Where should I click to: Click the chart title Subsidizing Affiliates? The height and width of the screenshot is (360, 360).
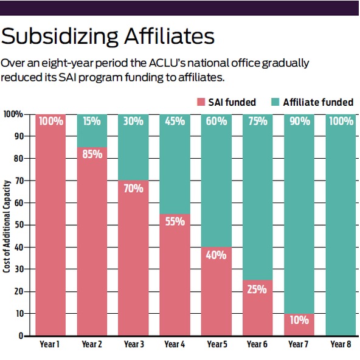pos(108,36)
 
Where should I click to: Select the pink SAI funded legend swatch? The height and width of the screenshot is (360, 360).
pos(201,102)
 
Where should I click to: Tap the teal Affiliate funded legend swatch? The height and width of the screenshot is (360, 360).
pos(275,102)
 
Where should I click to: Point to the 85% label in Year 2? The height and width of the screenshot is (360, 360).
pos(92,154)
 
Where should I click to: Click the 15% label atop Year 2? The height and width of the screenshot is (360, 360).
pos(92,121)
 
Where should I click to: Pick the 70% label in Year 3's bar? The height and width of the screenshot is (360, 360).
pos(133,189)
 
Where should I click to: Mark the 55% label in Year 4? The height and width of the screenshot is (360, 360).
pos(175,221)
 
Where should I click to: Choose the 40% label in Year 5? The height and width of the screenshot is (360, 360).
pos(216,255)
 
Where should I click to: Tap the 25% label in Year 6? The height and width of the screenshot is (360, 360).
pos(257,289)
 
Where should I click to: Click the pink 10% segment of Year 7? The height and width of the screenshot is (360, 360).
pos(299,325)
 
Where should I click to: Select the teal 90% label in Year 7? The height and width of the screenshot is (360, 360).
pos(300,121)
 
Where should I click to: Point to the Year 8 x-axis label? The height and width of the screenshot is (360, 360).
pos(341,344)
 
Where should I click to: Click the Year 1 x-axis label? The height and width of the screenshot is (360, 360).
pos(50,344)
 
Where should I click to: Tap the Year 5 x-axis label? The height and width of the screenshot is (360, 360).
pos(217,344)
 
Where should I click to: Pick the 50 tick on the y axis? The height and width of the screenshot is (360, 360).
pos(19,225)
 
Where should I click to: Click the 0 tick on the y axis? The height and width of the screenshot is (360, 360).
pos(21,336)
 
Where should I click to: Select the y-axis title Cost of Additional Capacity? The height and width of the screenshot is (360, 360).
pos(7,226)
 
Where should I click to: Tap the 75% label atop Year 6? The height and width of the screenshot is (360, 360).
pos(258,121)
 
